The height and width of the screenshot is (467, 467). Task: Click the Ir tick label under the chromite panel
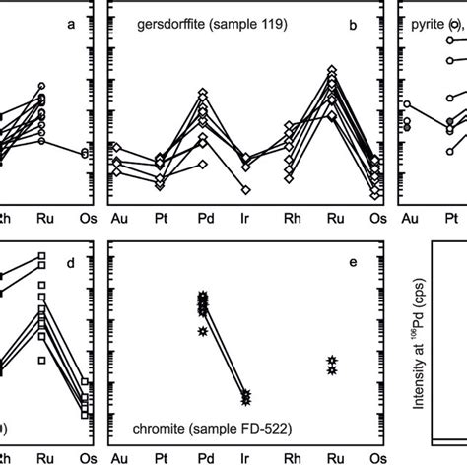245,458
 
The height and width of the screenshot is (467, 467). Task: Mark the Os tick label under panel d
85,458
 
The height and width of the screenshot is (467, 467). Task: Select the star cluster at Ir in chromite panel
245,397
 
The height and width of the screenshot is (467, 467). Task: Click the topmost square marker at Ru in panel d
42,256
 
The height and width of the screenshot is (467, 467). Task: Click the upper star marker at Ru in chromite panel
332,361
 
